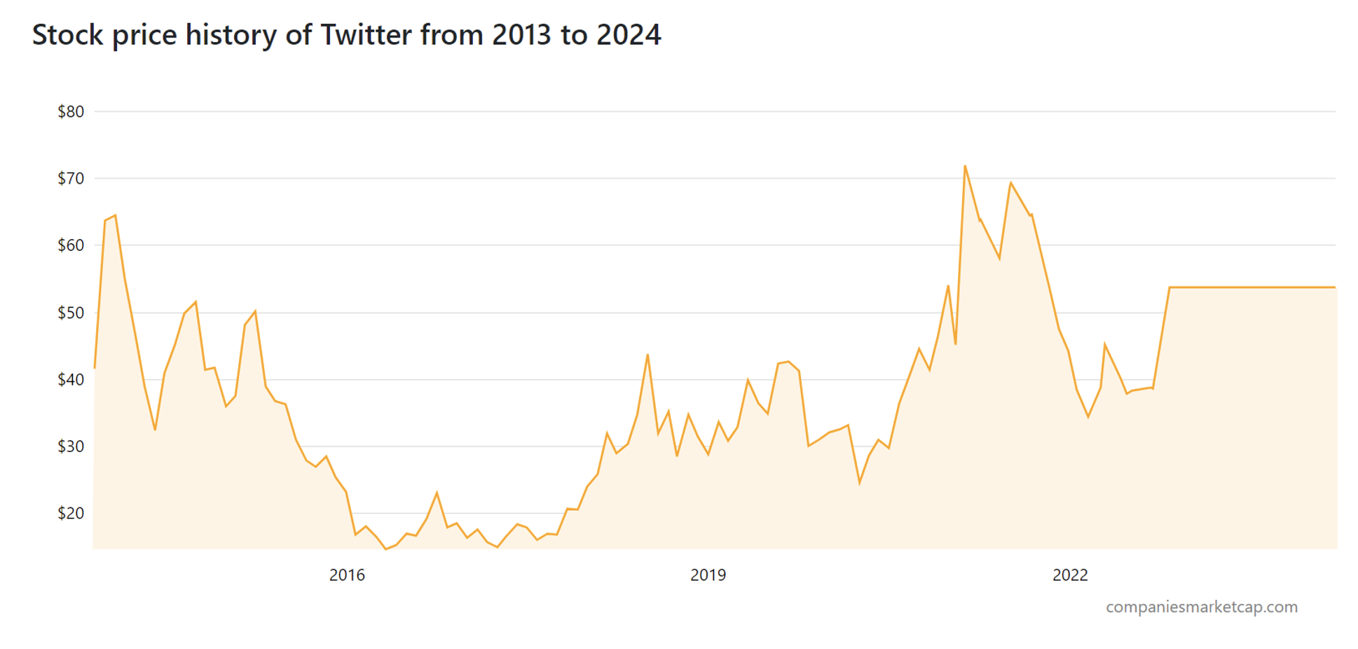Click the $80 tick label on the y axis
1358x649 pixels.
pyautogui.click(x=71, y=111)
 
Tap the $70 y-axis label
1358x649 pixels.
pyautogui.click(x=71, y=179)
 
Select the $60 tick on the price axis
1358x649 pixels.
pyautogui.click(x=71, y=245)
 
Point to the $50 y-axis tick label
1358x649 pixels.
pyautogui.click(x=71, y=313)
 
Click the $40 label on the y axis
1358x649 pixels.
pyautogui.click(x=71, y=380)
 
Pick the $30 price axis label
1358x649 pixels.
pyautogui.click(x=71, y=446)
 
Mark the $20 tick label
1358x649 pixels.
pyautogui.click(x=71, y=513)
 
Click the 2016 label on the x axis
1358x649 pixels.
pyautogui.click(x=347, y=575)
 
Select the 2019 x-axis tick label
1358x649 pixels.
pyautogui.click(x=708, y=575)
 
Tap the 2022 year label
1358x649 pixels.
pyautogui.click(x=1070, y=575)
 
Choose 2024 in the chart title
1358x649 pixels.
pyautogui.click(x=629, y=35)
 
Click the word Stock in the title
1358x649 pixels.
pyautogui.click(x=67, y=35)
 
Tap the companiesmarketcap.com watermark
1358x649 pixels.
pyautogui.click(x=1201, y=607)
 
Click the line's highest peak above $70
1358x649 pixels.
pyautogui.click(x=965, y=166)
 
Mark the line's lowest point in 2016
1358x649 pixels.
pyautogui.click(x=385, y=549)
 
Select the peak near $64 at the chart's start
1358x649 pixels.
pyautogui.click(x=115, y=216)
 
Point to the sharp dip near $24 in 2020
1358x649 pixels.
pyautogui.click(x=860, y=483)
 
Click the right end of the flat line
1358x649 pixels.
pyautogui.click(x=1334, y=287)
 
